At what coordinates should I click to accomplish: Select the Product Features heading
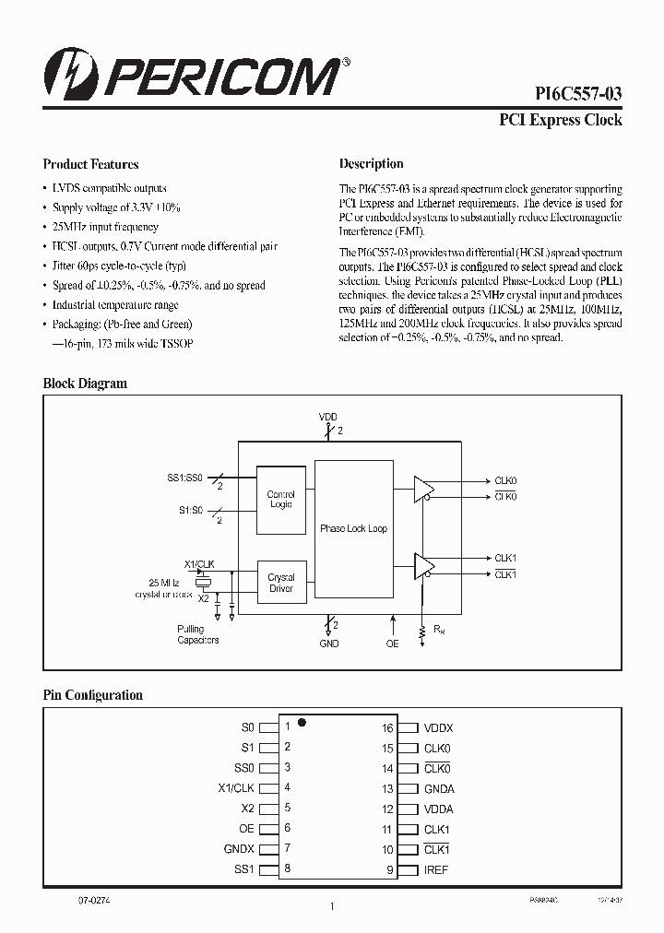(90, 164)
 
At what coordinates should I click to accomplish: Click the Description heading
(372, 164)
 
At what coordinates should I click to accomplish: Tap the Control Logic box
(280, 499)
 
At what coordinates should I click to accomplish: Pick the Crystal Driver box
(280, 583)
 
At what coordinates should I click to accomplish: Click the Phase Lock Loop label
(353, 528)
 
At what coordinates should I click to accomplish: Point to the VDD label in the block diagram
(328, 417)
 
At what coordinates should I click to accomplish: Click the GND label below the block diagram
(329, 643)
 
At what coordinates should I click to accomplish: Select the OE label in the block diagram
(393, 643)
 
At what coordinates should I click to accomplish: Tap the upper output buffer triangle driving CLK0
(422, 489)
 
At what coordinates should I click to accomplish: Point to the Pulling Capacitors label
(198, 635)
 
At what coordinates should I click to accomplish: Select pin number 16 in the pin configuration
(388, 727)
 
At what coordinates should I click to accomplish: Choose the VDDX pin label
(438, 727)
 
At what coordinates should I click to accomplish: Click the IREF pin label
(435, 869)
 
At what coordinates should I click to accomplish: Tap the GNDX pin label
(239, 849)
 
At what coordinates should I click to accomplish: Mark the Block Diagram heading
(85, 384)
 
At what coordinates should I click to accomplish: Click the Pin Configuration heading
(93, 695)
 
